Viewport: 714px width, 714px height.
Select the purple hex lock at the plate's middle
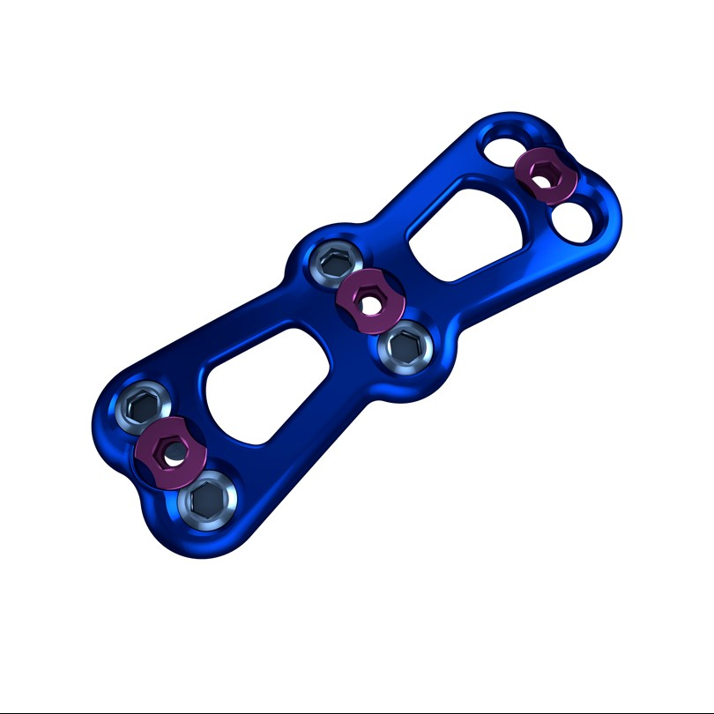click(x=370, y=295)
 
